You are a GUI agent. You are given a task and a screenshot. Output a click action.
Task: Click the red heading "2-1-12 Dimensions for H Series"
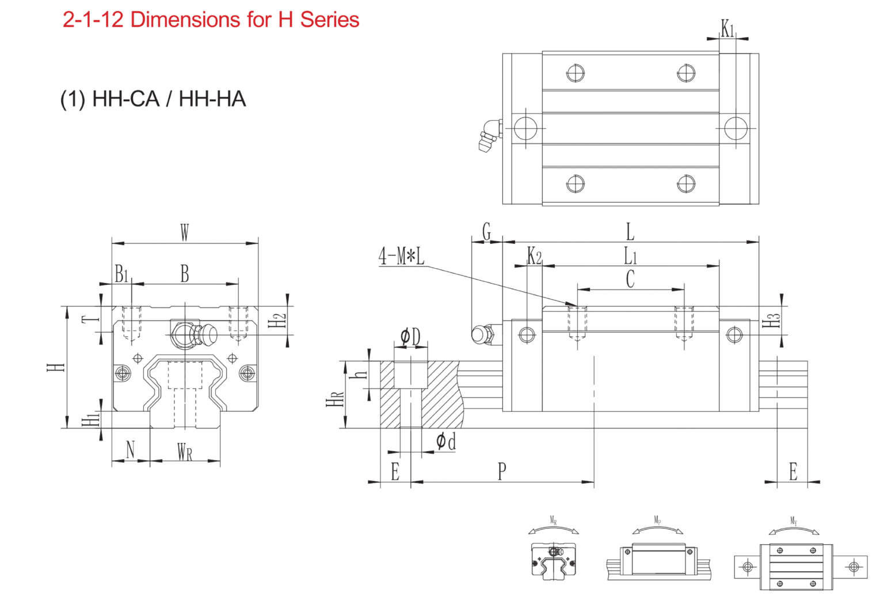tap(211, 20)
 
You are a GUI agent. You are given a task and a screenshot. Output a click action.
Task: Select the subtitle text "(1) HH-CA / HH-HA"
tap(153, 99)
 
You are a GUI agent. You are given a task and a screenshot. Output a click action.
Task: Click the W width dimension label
tap(185, 233)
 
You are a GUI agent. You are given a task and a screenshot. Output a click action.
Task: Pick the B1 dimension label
tap(121, 274)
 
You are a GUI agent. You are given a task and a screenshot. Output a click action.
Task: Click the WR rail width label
tap(185, 452)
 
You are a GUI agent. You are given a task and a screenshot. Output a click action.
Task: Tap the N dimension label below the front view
tap(130, 449)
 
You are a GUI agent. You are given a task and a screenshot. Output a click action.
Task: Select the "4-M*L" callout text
tap(401, 256)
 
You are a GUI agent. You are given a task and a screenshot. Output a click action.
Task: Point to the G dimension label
tap(487, 232)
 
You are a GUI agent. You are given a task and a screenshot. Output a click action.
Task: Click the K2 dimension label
tap(535, 255)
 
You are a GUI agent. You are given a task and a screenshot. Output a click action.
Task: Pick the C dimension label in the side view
tap(630, 279)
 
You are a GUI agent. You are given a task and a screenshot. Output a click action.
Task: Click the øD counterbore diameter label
tap(411, 337)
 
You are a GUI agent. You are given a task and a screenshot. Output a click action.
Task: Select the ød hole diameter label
tap(445, 442)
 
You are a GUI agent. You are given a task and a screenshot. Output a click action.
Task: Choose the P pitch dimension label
tap(502, 471)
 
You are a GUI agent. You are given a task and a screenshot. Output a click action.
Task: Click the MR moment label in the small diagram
tap(553, 521)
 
